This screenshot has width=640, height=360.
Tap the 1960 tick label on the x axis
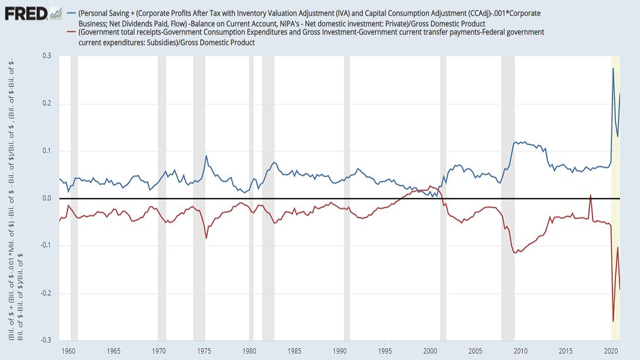pos(69,351)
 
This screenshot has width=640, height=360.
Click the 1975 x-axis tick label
pos(205,351)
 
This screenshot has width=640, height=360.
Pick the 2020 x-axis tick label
pos(611,351)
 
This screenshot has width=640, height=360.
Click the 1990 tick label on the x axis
pos(340,351)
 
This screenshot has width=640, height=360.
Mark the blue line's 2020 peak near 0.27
pos(613,69)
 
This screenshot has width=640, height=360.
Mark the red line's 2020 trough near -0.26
pos(613,321)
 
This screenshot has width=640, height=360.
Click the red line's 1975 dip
pos(206,237)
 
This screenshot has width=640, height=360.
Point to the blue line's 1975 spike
pos(206,156)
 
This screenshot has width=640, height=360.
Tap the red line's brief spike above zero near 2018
pos(590,195)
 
